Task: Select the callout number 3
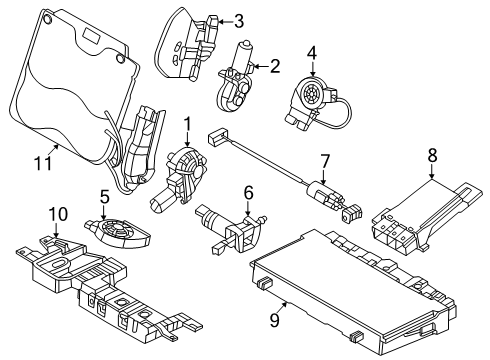click(x=238, y=20)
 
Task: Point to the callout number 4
click(x=311, y=52)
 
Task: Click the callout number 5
click(x=104, y=196)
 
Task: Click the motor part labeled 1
click(x=180, y=175)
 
